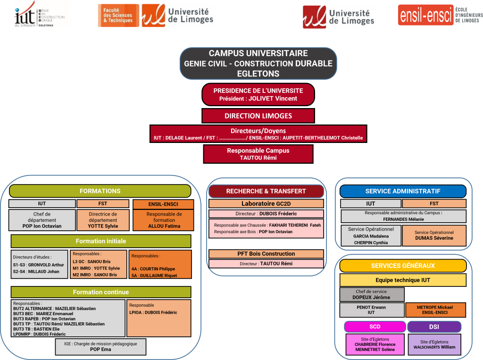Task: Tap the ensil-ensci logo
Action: pyautogui.click(x=440, y=15)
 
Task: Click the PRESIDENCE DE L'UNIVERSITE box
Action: pyautogui.click(x=258, y=94)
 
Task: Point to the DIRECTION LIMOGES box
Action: pyautogui.click(x=258, y=116)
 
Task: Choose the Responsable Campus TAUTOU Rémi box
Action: pyautogui.click(x=258, y=154)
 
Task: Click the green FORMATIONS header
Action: pyautogui.click(x=100, y=191)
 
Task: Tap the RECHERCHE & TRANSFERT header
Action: pyautogui.click(x=266, y=191)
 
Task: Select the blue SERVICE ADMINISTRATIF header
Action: pyautogui.click(x=403, y=191)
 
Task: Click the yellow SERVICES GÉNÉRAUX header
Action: pyautogui.click(x=403, y=266)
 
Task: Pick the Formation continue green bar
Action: pyautogui.click(x=101, y=292)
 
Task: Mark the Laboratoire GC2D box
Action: pyautogui.click(x=266, y=204)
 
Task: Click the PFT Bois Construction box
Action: pyautogui.click(x=266, y=254)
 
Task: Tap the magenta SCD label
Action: pyautogui.click(x=375, y=327)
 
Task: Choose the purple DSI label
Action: pyautogui.click(x=434, y=327)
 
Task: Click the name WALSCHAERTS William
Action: pyautogui.click(x=434, y=347)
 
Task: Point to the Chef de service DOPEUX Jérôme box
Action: pyautogui.click(x=372, y=294)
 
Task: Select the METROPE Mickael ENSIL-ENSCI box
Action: pyautogui.click(x=435, y=310)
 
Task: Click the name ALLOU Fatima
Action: pyautogui.click(x=164, y=226)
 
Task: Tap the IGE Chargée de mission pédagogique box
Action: pyautogui.click(x=100, y=347)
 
